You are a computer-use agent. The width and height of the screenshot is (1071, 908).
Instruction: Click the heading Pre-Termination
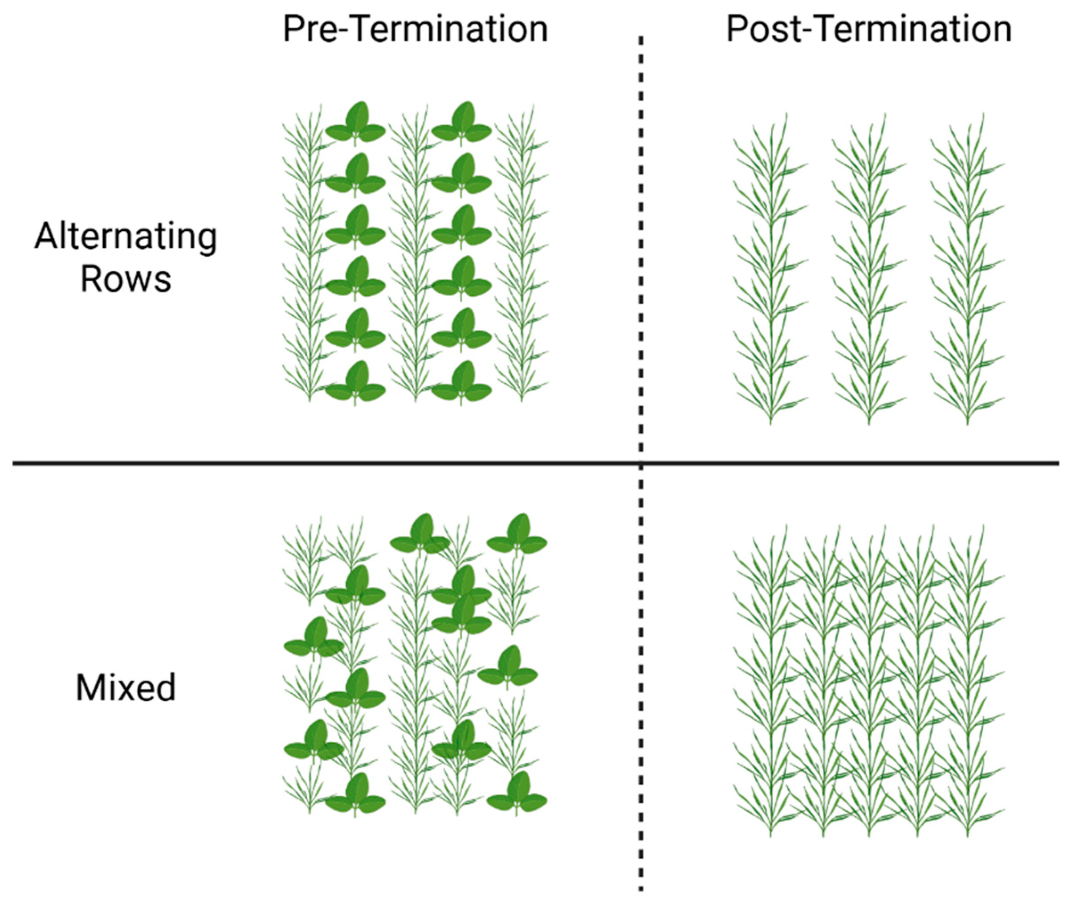tap(415, 29)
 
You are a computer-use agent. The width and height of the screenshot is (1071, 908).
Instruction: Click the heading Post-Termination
tap(869, 29)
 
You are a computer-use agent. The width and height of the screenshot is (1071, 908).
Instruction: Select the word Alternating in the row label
tap(126, 237)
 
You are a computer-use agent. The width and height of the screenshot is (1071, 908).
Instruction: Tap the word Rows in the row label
tap(126, 279)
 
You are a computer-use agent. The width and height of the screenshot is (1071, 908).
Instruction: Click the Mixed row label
tap(126, 688)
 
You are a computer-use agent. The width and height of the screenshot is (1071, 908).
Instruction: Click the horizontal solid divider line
tap(309, 463)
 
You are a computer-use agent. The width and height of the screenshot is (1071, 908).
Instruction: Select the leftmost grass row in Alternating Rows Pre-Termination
tap(309, 258)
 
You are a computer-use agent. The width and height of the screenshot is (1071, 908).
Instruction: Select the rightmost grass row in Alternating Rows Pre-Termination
tap(521, 258)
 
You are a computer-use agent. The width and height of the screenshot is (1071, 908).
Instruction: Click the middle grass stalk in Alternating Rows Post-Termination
tap(869, 268)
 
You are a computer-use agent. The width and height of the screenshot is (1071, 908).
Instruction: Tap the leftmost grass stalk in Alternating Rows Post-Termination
tap(770, 268)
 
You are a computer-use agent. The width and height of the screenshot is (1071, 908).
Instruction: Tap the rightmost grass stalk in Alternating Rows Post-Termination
tap(968, 268)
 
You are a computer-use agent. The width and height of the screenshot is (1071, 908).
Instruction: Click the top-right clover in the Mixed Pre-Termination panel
tap(517, 537)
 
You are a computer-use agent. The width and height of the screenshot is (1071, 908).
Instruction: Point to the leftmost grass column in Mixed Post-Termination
tap(770, 679)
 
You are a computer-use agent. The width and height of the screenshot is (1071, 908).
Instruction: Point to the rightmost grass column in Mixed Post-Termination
tap(968, 679)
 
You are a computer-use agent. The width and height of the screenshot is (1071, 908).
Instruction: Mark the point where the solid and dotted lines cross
tap(640, 463)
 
